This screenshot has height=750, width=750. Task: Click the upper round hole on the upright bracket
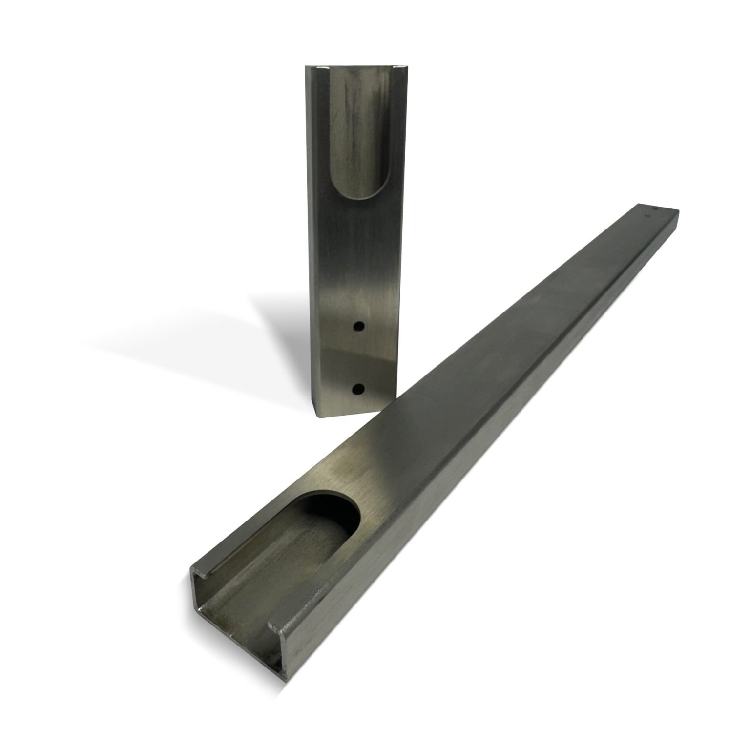[359, 326]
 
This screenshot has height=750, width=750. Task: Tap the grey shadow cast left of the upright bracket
[273, 332]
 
